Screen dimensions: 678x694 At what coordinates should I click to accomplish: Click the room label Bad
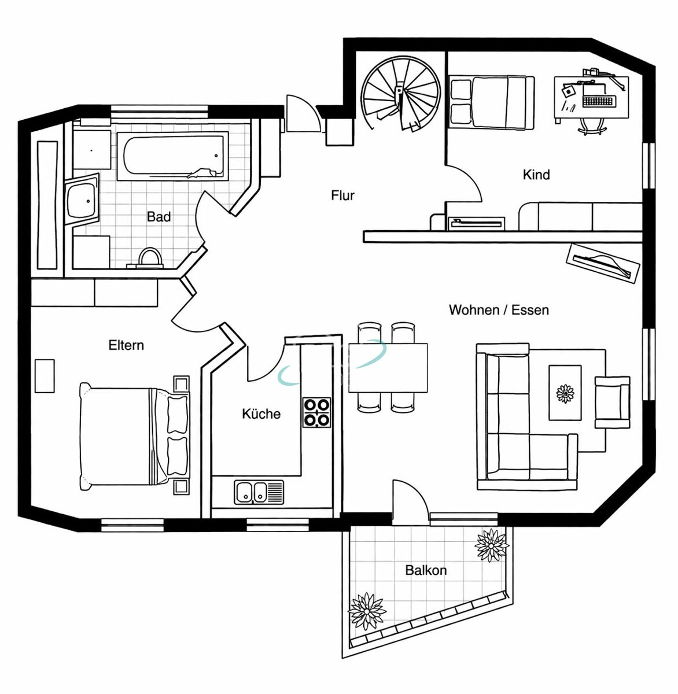pos(159,216)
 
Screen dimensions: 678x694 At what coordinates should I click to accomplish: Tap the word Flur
pos(342,195)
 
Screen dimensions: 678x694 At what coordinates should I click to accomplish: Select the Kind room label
pos(536,175)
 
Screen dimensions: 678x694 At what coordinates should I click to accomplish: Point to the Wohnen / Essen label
pos(499,310)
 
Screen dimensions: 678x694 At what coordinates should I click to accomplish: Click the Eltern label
pos(126,345)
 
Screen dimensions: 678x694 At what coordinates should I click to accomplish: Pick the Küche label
pos(261,414)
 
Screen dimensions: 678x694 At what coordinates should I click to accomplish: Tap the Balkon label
pos(426,570)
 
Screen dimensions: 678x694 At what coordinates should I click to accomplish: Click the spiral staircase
pos(400,94)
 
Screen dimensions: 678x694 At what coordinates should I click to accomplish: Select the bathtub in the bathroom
pos(173,156)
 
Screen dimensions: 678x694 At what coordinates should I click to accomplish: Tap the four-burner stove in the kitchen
pos(316,412)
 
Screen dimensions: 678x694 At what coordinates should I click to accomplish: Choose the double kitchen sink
pos(259,493)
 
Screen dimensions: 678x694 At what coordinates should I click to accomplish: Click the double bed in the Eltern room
pos(135,436)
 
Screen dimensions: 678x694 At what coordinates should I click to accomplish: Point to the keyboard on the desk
pos(599,101)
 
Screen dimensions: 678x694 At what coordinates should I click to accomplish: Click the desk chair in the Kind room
pos(592,127)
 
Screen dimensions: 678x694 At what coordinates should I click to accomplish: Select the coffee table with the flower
pos(565,393)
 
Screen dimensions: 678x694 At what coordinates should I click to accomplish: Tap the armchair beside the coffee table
pos(612,403)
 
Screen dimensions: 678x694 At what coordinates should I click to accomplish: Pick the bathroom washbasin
pos(82,200)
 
